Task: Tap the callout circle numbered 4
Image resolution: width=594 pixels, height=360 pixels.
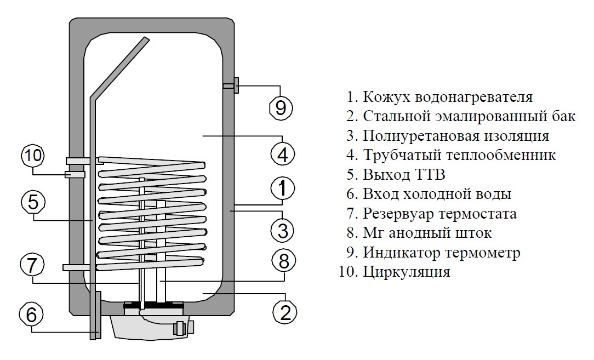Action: point(283,154)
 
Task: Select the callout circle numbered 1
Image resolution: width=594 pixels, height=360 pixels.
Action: point(283,188)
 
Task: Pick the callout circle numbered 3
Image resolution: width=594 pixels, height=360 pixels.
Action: point(283,230)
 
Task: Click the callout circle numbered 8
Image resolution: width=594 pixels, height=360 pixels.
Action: point(284,261)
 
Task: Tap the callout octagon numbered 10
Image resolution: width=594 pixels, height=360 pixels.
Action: point(33,156)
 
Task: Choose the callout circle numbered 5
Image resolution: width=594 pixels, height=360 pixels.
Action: point(33,202)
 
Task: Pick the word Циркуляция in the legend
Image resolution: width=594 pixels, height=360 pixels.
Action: point(407,272)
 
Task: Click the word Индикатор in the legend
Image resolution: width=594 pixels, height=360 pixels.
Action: point(401,253)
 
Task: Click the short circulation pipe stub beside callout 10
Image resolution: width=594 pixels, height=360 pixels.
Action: point(75,175)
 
